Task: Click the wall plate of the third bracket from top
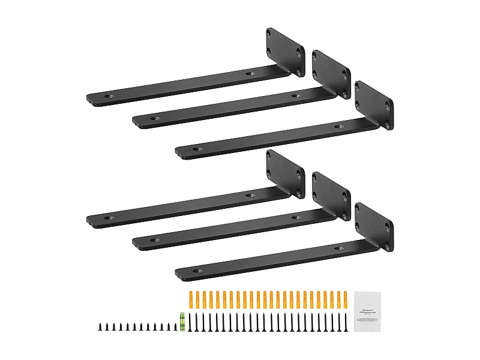click(x=374, y=104)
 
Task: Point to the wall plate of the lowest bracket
click(x=374, y=226)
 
